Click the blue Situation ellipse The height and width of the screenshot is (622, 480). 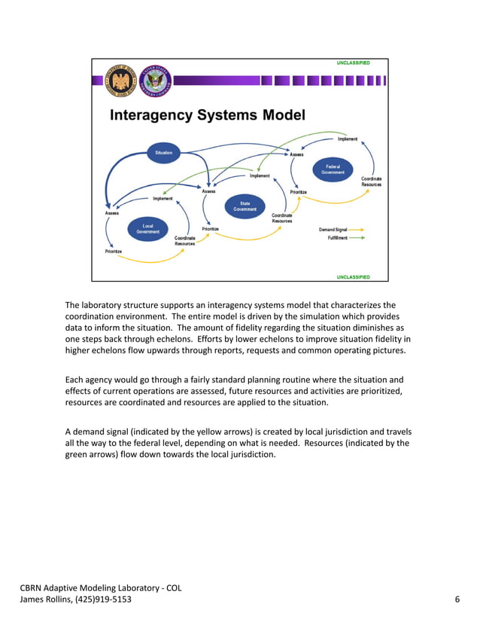click(163, 153)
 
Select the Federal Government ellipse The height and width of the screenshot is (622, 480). click(333, 169)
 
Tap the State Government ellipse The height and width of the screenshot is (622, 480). click(245, 206)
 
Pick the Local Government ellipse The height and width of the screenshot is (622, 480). click(148, 229)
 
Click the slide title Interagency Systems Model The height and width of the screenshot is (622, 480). click(208, 115)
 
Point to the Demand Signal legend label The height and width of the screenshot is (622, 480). click(333, 229)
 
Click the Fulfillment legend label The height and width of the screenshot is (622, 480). click(337, 237)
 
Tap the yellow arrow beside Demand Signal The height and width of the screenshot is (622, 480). click(357, 229)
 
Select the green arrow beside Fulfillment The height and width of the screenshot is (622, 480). click(357, 237)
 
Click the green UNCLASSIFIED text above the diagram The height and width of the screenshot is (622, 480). click(353, 63)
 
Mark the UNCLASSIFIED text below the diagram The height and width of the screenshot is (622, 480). click(353, 276)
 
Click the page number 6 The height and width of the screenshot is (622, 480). click(457, 599)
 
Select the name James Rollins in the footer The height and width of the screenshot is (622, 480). click(47, 599)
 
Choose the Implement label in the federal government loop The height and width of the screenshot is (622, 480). click(348, 139)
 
